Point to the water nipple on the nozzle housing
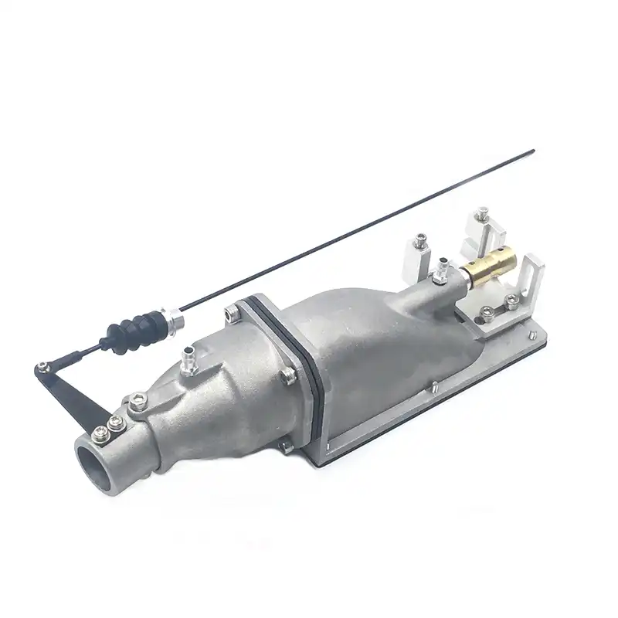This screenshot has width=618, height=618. click(187, 359)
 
